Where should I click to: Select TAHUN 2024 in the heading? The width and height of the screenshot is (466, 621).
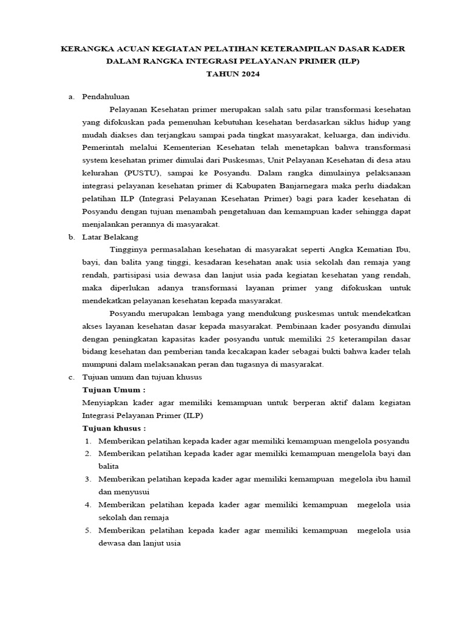(x=233, y=75)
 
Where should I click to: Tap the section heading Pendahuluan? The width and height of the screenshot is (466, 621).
(x=106, y=96)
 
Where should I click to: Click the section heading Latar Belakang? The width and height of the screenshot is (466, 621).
(x=110, y=237)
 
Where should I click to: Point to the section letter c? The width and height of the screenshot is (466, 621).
(x=71, y=377)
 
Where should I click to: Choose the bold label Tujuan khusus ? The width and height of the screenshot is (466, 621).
(x=114, y=428)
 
